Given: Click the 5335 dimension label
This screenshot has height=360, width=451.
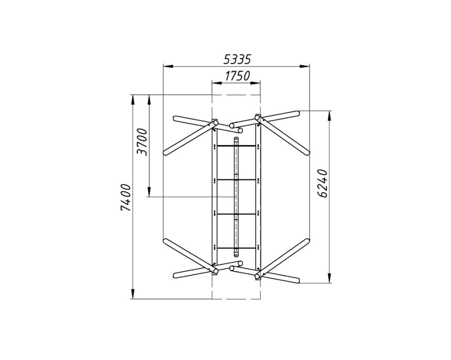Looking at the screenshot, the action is point(237,59).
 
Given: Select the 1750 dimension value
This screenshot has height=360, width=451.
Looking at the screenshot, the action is point(237,76).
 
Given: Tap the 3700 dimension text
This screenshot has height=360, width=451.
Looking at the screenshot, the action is point(142,142).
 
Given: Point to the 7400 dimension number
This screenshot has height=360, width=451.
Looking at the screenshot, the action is point(126,198).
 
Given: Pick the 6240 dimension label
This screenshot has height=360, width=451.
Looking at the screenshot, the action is point(323,184).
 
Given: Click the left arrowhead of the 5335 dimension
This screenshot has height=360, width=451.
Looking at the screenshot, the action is point(168,66).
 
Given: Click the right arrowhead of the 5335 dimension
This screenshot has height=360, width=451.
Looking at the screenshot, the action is point(304,66).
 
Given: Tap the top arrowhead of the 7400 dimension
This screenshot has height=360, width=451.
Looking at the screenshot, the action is point(133,100).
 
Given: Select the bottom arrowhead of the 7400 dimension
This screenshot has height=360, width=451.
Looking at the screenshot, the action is point(133,294).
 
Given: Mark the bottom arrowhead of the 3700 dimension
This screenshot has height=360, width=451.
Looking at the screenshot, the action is point(149,192).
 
